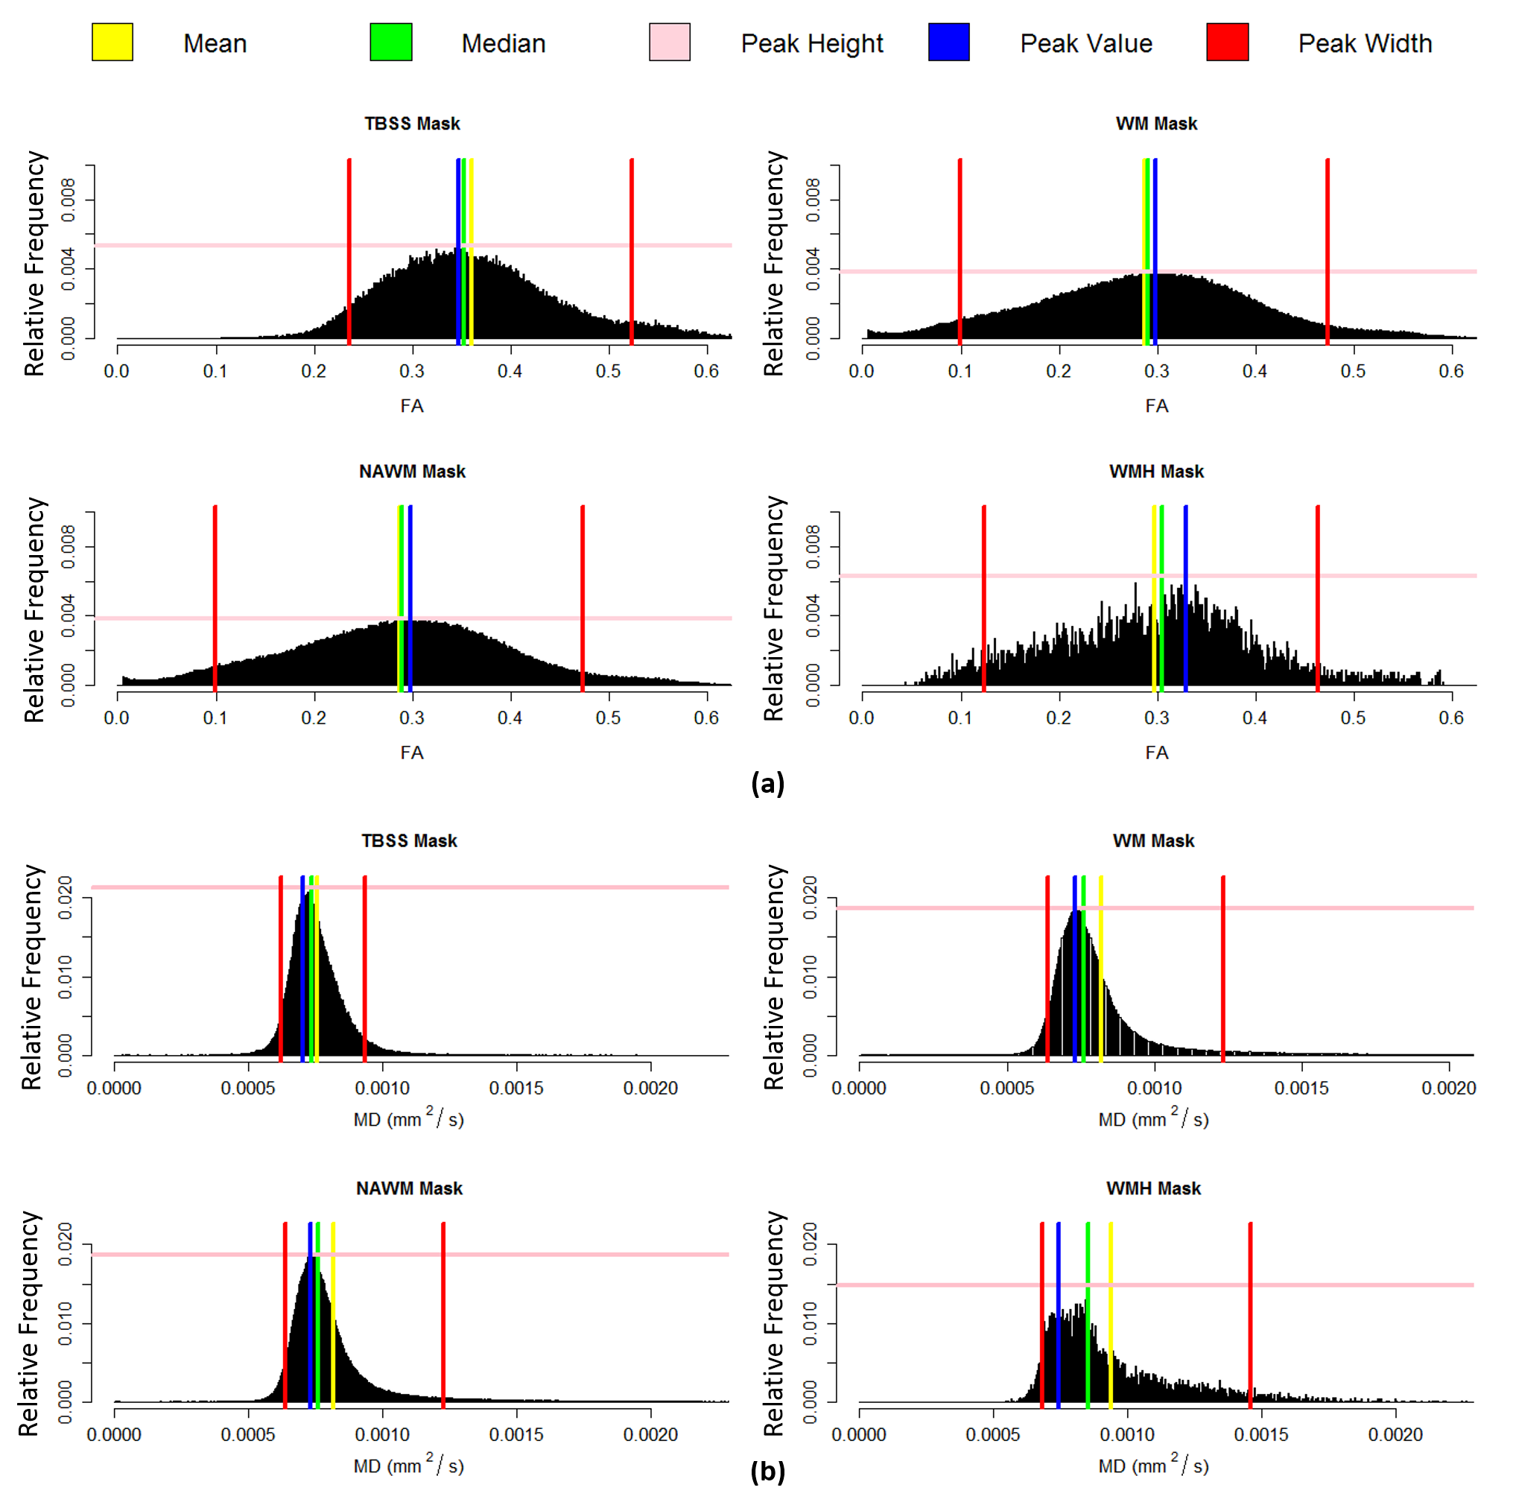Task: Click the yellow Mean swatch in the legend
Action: tap(112, 42)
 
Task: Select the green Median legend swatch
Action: tap(391, 42)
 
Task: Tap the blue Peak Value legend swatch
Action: tap(948, 42)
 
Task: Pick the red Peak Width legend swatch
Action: tap(1227, 42)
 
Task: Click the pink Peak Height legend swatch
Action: tap(670, 42)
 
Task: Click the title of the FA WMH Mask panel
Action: tap(1156, 472)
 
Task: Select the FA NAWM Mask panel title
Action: tap(412, 472)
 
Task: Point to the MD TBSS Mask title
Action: tap(409, 840)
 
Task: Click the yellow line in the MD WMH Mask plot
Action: tap(1111, 1316)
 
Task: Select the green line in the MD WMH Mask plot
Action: tap(1088, 1316)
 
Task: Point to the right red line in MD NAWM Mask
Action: tap(443, 1316)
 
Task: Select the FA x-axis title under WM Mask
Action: tap(1157, 406)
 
